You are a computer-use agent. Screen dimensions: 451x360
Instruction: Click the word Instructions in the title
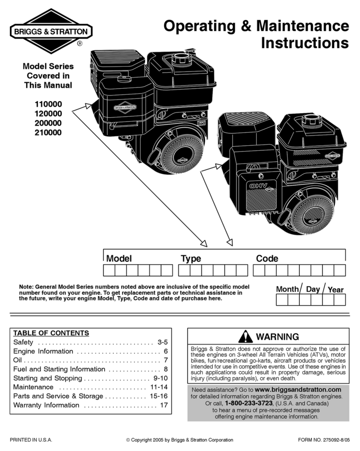[304, 44]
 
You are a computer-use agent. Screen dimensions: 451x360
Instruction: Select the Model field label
[119, 258]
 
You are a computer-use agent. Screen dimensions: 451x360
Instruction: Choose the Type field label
[191, 259]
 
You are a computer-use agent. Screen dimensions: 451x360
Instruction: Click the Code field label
[267, 258]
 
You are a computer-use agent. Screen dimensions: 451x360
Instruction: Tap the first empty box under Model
[109, 270]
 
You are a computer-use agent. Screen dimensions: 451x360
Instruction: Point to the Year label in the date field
[335, 290]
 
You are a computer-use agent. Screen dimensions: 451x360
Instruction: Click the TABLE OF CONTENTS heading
[51, 333]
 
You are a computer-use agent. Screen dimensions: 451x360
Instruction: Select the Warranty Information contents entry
[46, 405]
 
